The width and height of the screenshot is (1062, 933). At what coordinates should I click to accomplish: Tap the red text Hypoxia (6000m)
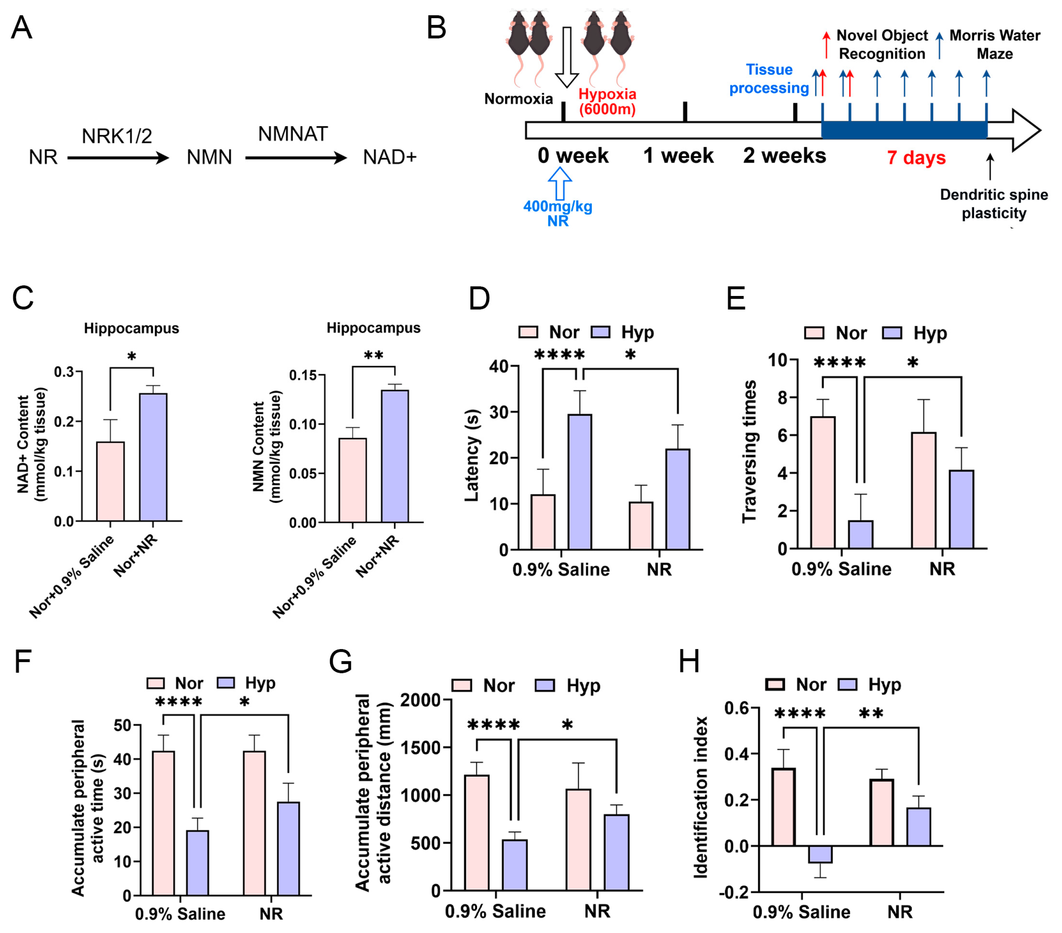[607, 101]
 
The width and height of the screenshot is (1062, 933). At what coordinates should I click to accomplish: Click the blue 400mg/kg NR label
[557, 213]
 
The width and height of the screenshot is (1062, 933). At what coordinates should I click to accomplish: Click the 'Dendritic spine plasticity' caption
[993, 204]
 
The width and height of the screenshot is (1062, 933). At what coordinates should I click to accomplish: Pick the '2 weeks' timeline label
[784, 155]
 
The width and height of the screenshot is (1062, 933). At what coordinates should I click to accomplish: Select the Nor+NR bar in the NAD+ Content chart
[153, 457]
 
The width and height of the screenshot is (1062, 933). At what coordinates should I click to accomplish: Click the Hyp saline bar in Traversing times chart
[860, 534]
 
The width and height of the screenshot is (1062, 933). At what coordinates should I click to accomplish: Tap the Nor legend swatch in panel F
[155, 683]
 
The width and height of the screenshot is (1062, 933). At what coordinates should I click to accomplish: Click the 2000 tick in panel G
[420, 700]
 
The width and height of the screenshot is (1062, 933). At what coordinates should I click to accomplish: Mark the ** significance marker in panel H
[871, 714]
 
